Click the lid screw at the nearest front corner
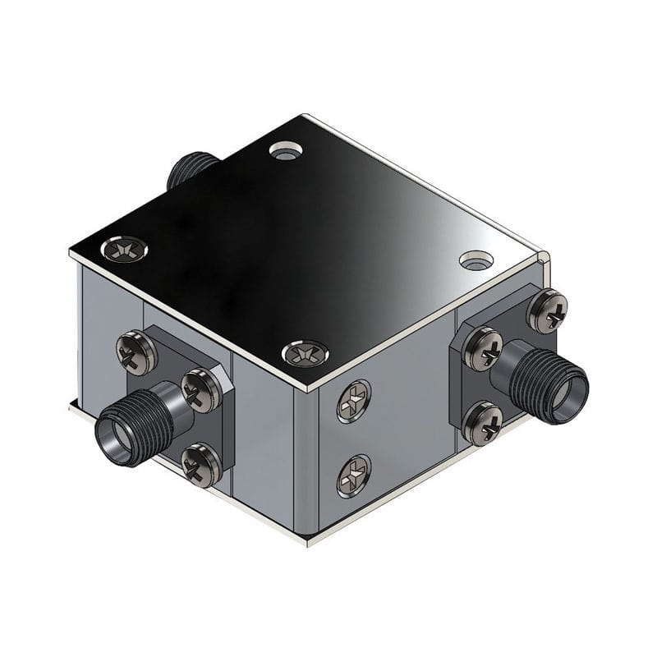[305, 354]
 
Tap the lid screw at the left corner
[125, 248]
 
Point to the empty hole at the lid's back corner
[286, 151]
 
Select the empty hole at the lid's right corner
[476, 261]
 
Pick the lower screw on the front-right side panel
[353, 476]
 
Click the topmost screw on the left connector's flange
[136, 352]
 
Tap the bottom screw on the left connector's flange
[200, 466]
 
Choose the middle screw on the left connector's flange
[200, 390]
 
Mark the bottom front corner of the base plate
[309, 543]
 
